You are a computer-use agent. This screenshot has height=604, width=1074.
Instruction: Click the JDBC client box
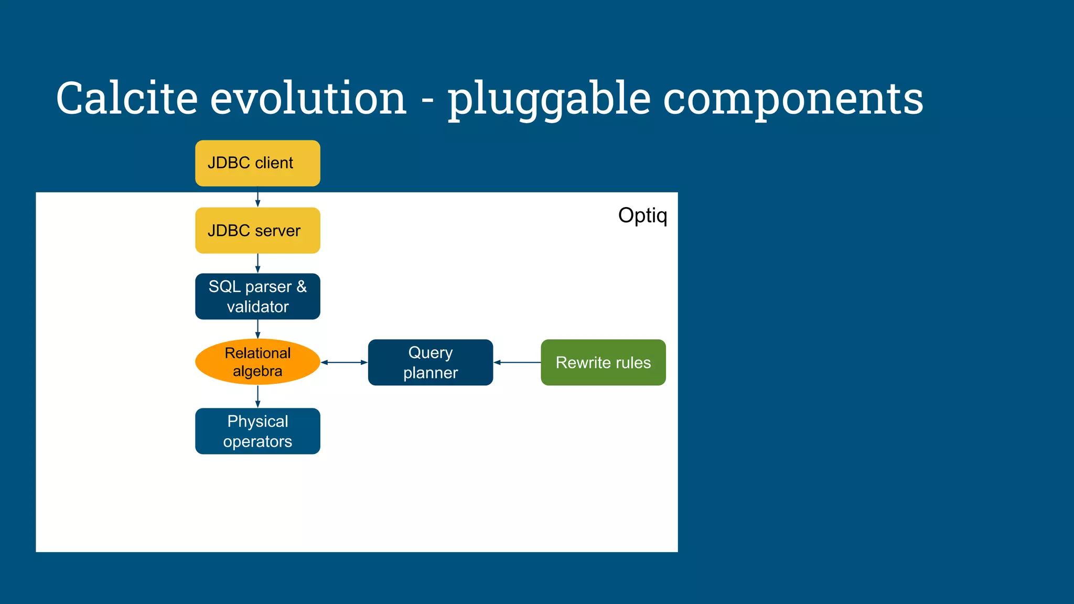(x=257, y=163)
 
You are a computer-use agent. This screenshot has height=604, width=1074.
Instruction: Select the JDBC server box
(x=257, y=231)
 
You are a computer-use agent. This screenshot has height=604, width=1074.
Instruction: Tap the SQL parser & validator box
(x=257, y=296)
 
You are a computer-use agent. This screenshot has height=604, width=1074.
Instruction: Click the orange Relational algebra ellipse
(x=257, y=362)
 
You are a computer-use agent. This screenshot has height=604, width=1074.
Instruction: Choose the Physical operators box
(x=257, y=431)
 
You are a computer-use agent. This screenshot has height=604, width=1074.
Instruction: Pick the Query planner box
(x=431, y=362)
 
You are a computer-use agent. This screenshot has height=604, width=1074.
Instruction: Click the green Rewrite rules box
(x=603, y=362)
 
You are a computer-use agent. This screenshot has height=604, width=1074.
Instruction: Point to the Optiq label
(x=642, y=215)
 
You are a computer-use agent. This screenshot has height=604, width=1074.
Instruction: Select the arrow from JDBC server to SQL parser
(x=257, y=263)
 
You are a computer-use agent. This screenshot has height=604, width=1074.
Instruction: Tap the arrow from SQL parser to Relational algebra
(x=257, y=329)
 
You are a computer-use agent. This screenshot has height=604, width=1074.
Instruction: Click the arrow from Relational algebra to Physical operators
(x=257, y=396)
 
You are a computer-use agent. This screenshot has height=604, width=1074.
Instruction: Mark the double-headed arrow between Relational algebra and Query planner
(x=344, y=362)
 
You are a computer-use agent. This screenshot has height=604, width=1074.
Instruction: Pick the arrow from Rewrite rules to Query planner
(x=517, y=362)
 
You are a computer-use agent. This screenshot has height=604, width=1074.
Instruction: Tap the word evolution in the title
(x=308, y=99)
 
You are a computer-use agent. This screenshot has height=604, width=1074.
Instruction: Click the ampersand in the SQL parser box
(x=302, y=286)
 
